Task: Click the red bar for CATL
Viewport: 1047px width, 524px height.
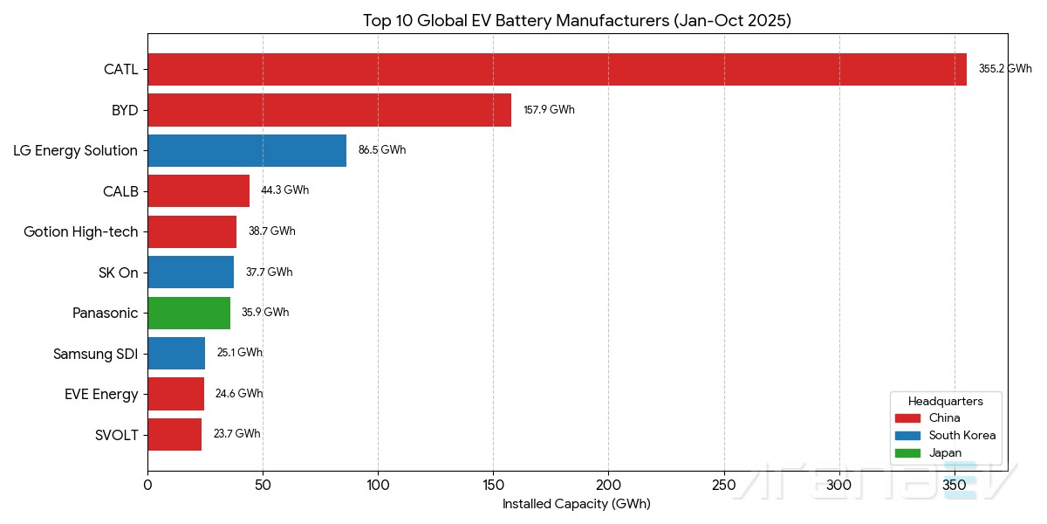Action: [x=557, y=69]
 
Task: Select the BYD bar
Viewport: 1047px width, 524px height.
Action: [x=329, y=110]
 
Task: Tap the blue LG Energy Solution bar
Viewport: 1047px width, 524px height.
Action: [x=247, y=150]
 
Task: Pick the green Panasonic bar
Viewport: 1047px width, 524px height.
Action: [x=188, y=313]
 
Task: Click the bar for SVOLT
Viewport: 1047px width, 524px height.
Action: [x=174, y=434]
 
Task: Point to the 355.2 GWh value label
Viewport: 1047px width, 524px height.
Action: [x=1004, y=69]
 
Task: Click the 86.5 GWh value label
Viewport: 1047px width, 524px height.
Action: [x=381, y=150]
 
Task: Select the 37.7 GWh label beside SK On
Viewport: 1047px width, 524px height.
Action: [x=269, y=272]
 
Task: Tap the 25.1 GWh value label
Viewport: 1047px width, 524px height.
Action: [x=239, y=353]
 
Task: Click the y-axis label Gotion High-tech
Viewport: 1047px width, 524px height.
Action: [x=80, y=231]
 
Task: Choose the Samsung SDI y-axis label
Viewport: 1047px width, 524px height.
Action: [x=95, y=354]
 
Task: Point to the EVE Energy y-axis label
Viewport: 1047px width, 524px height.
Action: [x=101, y=394]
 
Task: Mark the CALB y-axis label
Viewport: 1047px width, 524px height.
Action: [x=120, y=191]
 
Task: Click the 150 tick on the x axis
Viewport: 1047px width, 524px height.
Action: [x=493, y=483]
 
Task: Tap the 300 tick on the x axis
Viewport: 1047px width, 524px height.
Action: [x=839, y=483]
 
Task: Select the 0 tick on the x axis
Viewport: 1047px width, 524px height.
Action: [x=147, y=483]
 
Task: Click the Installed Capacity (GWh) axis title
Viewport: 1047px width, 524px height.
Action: [x=576, y=504]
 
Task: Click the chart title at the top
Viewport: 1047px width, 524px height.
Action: [x=577, y=21]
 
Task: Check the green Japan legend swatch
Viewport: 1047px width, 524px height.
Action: [x=907, y=452]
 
